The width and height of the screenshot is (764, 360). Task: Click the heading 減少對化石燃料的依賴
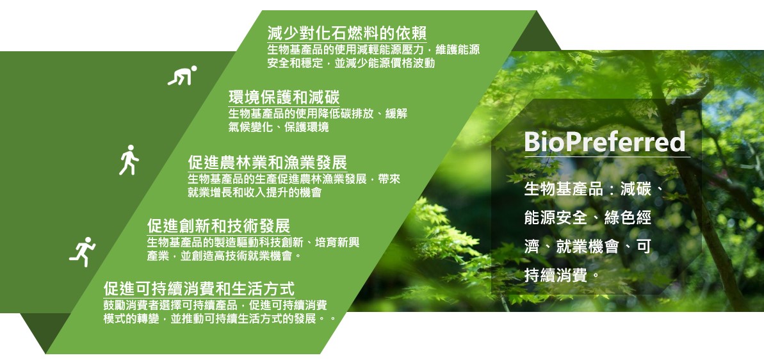(x=347, y=33)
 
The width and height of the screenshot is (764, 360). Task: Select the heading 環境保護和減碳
(x=284, y=97)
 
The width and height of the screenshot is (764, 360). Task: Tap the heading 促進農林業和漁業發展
(x=268, y=162)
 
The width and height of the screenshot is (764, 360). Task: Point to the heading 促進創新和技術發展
(x=219, y=225)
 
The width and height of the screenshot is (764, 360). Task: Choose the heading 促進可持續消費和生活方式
(x=199, y=289)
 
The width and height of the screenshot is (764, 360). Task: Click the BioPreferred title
(x=605, y=142)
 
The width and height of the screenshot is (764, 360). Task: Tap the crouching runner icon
(x=183, y=76)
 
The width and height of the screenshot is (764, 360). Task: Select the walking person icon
(x=129, y=160)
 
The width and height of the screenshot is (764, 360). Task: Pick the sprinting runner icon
(x=83, y=251)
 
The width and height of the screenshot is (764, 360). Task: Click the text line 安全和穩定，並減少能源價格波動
(x=351, y=63)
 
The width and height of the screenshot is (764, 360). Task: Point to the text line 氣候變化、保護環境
(x=278, y=127)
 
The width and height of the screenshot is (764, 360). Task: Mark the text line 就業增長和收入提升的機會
(x=254, y=192)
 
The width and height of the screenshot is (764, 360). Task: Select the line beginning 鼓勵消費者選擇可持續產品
(x=215, y=306)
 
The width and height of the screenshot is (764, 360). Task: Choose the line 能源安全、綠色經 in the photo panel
(x=588, y=218)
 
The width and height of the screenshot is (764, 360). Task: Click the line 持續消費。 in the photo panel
(x=562, y=275)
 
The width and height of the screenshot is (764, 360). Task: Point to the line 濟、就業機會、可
(x=588, y=247)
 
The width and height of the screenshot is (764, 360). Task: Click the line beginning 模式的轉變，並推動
(x=220, y=319)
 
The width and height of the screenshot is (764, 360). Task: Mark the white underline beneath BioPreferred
(x=607, y=157)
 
